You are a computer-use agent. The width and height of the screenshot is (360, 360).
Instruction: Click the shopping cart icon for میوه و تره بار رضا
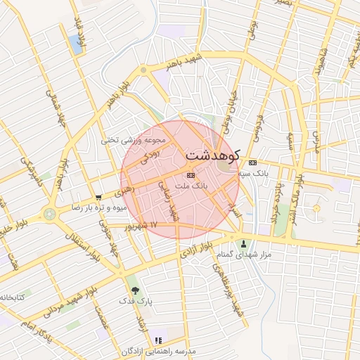(x=98, y=198)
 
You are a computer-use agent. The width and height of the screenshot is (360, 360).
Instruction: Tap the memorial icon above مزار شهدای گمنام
(x=244, y=244)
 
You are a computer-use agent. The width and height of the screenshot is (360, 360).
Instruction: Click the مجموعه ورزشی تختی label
(x=133, y=139)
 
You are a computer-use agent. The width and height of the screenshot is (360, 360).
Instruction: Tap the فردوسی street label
(x=259, y=127)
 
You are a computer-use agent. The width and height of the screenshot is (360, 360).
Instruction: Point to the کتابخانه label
(x=13, y=297)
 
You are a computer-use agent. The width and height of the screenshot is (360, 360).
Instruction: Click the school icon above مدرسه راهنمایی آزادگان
(x=157, y=340)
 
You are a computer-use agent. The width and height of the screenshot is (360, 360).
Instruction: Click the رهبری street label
(x=124, y=188)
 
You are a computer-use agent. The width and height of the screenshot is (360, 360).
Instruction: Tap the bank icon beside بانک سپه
(x=252, y=162)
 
